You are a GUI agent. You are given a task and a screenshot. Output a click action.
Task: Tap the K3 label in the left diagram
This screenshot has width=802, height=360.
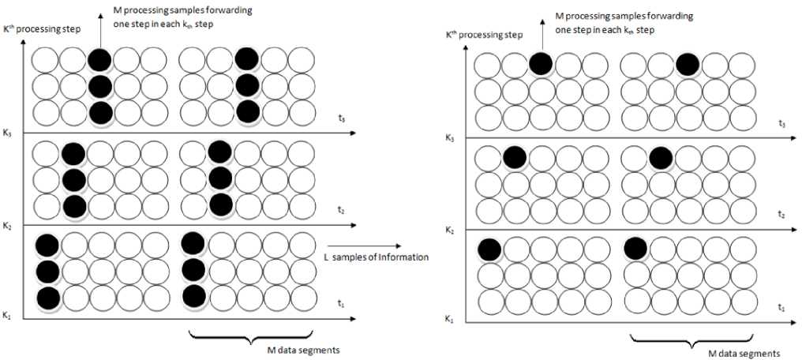[x=7, y=133]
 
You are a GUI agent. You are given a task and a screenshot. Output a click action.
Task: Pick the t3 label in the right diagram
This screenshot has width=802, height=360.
[x=781, y=123]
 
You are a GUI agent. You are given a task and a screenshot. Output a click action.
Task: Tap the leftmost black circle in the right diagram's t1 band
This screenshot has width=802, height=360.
[x=489, y=249]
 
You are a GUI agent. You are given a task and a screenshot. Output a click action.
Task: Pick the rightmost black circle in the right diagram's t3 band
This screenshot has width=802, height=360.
[x=687, y=65]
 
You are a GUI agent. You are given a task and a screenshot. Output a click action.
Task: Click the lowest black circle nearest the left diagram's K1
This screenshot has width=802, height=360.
[x=47, y=298]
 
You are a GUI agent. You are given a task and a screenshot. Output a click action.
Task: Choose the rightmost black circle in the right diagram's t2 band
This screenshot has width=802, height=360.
[x=660, y=158]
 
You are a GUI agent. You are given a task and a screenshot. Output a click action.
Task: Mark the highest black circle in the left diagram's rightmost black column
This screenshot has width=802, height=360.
[x=246, y=58]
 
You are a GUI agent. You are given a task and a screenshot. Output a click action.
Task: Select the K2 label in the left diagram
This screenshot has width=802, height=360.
[x=7, y=226]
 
